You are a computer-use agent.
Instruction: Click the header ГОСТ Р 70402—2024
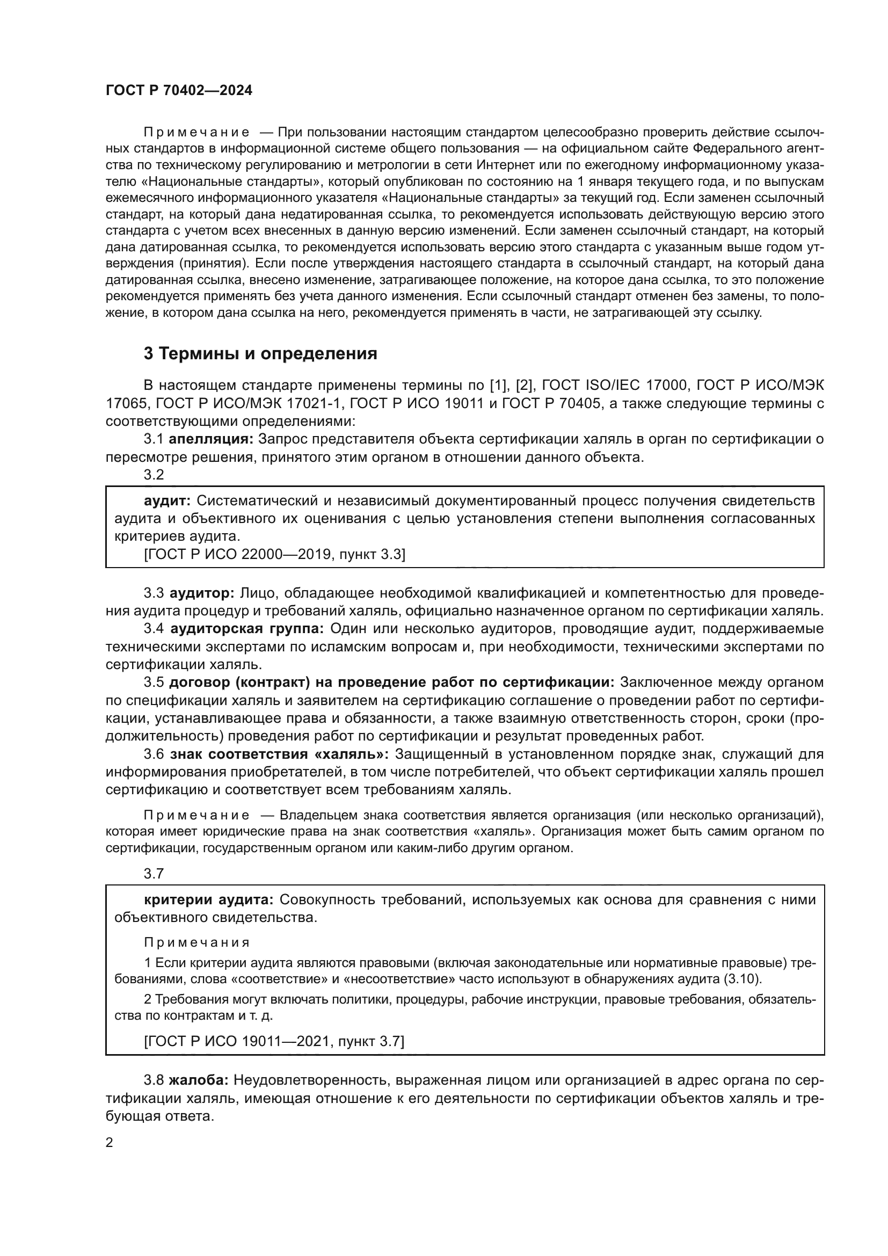pos(179,91)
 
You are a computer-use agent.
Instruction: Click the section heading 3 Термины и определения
pos(260,354)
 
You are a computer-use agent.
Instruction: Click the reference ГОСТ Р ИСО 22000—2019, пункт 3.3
pos(274,555)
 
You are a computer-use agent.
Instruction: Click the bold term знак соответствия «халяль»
pos(279,754)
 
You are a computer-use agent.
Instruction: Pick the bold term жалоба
pos(198,1080)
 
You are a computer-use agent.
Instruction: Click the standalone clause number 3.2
pos(154,475)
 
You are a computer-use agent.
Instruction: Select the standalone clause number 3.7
pos(154,874)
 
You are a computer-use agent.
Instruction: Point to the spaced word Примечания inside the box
pos(197,942)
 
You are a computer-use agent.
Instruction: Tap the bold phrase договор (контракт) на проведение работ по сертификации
pos(391,682)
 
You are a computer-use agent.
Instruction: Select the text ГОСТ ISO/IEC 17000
pos(614,386)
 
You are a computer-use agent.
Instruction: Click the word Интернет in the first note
pos(503,165)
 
